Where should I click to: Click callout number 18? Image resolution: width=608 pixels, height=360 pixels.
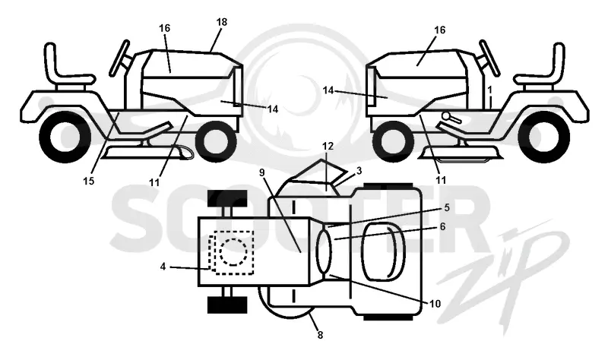coord(222,22)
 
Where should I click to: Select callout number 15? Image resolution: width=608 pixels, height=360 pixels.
coord(88,181)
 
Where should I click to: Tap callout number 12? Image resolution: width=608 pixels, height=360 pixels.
coord(328,146)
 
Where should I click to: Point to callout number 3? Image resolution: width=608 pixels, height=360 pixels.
coord(359,170)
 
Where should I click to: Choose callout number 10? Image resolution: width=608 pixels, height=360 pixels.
coord(435,304)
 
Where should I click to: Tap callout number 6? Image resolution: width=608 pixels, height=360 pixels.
coord(442,226)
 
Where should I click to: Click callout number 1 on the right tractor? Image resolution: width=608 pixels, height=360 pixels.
coord(489,90)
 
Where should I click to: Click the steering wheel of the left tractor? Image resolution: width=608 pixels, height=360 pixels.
coord(119,58)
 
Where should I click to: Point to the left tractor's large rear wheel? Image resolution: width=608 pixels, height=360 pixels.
coord(65,136)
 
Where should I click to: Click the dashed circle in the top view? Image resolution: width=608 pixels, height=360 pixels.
coord(233,252)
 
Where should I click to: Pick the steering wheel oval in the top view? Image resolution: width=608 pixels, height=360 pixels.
coord(325,251)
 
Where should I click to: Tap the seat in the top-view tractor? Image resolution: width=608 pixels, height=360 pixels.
coord(383,252)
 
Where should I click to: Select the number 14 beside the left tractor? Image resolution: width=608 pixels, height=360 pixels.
coord(273,109)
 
